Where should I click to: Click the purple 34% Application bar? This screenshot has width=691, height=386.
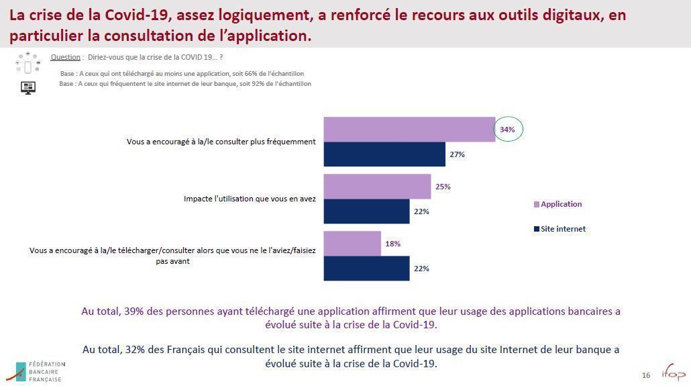[x=409, y=129]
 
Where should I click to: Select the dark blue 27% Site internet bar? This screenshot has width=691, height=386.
[x=384, y=154]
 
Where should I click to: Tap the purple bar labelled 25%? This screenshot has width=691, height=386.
[x=377, y=187]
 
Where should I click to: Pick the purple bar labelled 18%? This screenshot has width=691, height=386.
[x=352, y=243]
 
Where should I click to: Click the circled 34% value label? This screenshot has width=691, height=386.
[x=508, y=129]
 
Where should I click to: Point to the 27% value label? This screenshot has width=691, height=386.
[x=458, y=154]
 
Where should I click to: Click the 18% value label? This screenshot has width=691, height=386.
[x=392, y=244]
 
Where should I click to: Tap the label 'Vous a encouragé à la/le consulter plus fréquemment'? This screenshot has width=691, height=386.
[x=221, y=142]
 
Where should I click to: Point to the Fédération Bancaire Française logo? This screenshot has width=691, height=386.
[x=39, y=371]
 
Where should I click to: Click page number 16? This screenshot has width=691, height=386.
[x=646, y=375]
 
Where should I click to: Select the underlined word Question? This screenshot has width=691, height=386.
[x=66, y=58]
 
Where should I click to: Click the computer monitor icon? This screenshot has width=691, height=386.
[x=28, y=87]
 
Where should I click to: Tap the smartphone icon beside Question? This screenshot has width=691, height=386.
[x=28, y=66]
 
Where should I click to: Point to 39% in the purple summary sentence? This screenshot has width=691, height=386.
[x=134, y=311]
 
